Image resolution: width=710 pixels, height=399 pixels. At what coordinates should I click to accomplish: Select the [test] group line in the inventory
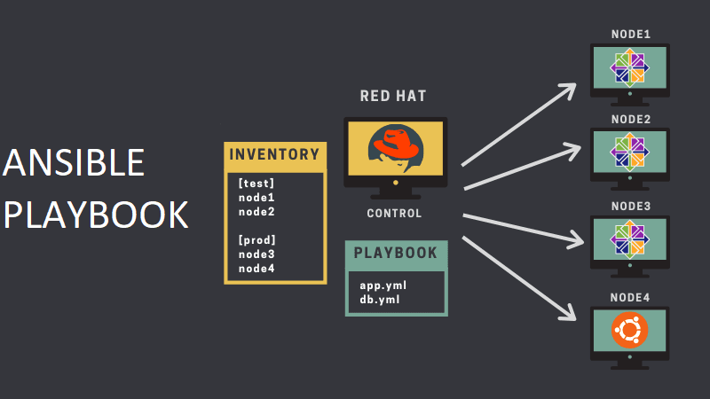257,184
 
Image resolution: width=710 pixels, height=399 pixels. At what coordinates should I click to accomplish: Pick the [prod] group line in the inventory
257,239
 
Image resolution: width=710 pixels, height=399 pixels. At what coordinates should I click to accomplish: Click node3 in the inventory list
256,254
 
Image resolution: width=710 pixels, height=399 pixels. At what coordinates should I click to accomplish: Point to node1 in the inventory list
256,198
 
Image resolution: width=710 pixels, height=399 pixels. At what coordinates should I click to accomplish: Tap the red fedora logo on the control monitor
395,145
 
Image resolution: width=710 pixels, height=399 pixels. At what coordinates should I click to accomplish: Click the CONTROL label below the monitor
395,214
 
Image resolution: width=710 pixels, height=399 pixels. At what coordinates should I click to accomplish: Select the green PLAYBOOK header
396,254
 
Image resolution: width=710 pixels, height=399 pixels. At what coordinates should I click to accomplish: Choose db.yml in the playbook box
381,299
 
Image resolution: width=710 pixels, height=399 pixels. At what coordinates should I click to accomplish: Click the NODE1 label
631,35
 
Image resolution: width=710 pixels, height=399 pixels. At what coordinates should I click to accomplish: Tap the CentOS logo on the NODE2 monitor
630,152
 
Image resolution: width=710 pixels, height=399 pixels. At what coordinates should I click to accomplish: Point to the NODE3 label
631,207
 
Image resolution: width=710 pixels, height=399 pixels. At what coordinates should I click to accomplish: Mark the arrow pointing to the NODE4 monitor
519,279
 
